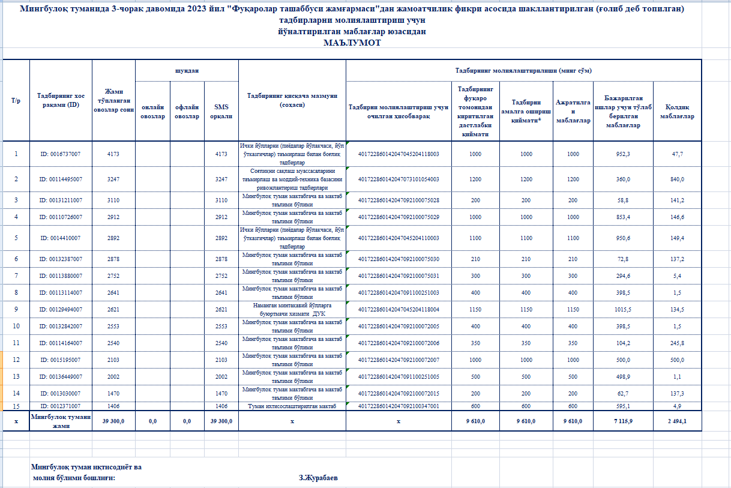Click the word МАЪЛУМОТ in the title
pos(352,43)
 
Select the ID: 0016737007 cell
pos(61,154)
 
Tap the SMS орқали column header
pos(221,112)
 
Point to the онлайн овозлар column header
pos(153,112)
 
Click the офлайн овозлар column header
pos(187,112)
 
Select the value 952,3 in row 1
pos(623,154)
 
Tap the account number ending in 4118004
pos(399,310)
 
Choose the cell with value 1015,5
pos(623,310)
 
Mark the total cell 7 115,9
pos(623,421)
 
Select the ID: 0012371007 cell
pos(61,406)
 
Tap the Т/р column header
pos(16,100)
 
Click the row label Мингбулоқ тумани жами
pos(61,421)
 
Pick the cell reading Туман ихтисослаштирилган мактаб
pos(292,406)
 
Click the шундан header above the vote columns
pos(187,70)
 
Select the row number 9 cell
pos(16,310)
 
